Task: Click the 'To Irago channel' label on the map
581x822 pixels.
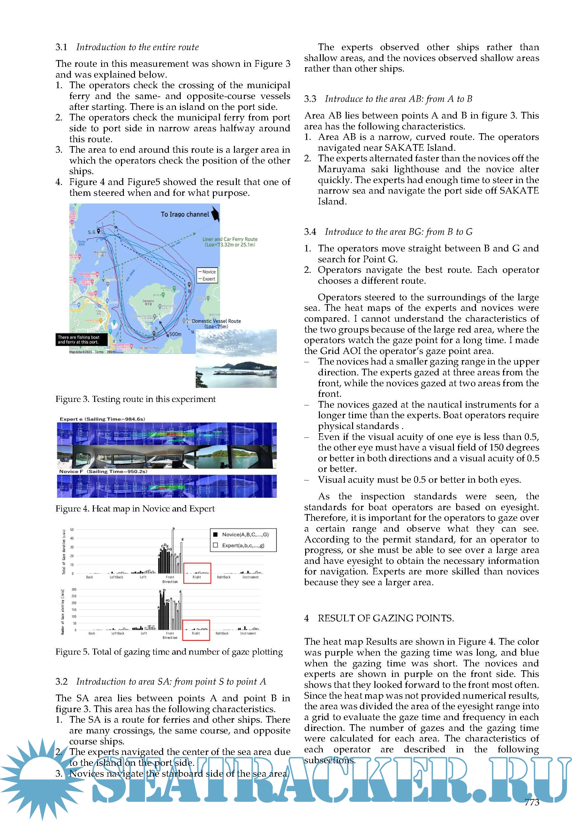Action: (x=185, y=214)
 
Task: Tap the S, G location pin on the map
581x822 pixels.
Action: (x=98, y=231)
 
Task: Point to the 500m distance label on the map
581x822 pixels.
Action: (x=175, y=334)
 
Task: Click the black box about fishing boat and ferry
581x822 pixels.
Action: (x=82, y=339)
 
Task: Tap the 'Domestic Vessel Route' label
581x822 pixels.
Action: (x=216, y=321)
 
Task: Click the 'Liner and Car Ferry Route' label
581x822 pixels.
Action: (x=230, y=239)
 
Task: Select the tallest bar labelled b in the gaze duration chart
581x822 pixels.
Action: (x=173, y=551)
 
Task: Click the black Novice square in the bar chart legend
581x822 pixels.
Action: (x=215, y=534)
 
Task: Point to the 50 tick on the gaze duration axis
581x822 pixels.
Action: (x=72, y=529)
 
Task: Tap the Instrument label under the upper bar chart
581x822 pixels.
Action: (x=250, y=577)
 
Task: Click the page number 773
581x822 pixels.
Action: (x=532, y=802)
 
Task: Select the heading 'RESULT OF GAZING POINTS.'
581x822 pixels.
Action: (x=386, y=618)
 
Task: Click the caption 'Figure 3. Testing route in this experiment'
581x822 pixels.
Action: (x=136, y=399)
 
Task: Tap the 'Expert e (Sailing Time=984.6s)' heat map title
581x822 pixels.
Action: (x=102, y=419)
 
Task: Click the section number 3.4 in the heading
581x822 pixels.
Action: (x=310, y=232)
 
